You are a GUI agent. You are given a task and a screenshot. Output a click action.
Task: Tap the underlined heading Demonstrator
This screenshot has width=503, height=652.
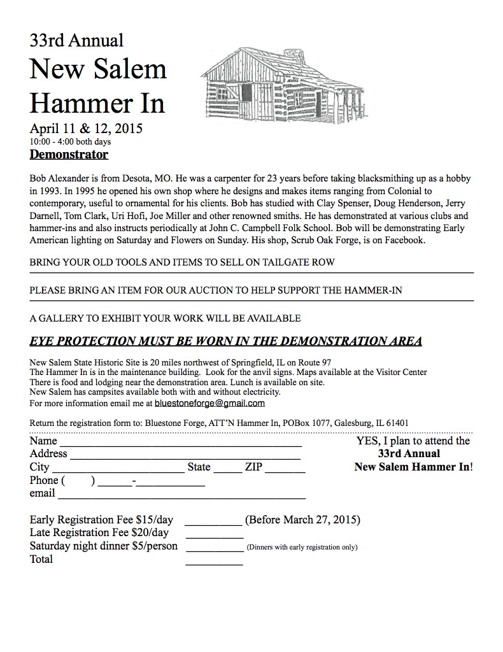69,155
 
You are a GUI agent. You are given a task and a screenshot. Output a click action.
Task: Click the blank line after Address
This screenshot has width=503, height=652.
185,455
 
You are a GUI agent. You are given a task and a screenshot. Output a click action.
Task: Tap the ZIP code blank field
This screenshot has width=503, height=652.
285,469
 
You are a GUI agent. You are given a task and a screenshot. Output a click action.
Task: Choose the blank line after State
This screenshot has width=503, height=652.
227,469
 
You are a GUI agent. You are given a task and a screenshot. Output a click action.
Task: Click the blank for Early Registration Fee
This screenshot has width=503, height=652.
213,521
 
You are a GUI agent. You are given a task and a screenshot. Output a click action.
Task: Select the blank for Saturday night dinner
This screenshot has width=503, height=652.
213,548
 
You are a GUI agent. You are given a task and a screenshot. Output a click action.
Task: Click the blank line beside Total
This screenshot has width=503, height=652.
213,562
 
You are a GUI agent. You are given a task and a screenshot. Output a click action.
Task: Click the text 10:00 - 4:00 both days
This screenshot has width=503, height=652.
70,141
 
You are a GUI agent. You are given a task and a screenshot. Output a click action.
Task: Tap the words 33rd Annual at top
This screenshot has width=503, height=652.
76,41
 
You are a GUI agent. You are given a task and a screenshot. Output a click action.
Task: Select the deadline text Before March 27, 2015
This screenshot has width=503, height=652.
302,520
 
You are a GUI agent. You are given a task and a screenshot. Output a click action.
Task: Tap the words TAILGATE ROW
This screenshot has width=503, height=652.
299,262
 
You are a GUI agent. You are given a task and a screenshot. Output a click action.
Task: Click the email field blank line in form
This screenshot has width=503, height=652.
181,495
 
